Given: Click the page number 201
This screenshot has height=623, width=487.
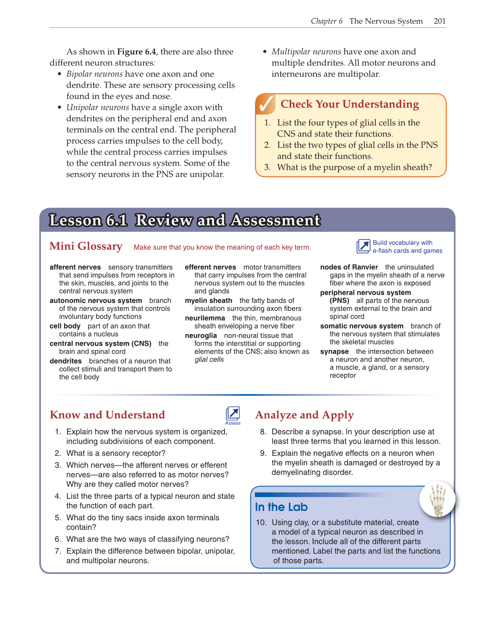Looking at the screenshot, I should (439, 21).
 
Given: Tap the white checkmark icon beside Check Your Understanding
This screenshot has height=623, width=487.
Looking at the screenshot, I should (266, 104).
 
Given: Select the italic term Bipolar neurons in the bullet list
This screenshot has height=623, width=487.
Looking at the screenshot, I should (94, 74).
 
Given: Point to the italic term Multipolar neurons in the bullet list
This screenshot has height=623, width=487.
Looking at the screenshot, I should (306, 52).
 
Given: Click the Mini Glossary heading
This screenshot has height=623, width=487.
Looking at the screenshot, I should (86, 246).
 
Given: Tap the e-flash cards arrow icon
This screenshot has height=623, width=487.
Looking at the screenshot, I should (363, 246).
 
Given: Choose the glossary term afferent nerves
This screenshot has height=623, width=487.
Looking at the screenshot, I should (75, 267).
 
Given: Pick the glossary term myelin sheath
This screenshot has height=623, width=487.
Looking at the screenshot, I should (209, 300).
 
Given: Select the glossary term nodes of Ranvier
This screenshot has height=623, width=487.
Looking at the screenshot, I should (349, 267).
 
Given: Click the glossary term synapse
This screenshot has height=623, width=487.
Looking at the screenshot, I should (334, 351).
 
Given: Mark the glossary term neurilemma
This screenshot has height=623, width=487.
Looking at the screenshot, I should (205, 318).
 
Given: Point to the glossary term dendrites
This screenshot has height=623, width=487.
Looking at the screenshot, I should (66, 361).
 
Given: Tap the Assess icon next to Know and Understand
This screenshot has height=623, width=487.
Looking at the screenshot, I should (233, 414).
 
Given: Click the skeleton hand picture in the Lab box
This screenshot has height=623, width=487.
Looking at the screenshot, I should (437, 499).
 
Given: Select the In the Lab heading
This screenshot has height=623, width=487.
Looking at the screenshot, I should (281, 507).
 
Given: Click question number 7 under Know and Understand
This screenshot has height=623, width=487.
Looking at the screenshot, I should (58, 551).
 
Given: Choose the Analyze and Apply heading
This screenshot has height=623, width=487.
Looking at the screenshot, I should (305, 415).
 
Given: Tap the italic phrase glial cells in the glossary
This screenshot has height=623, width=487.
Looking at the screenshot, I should (209, 359).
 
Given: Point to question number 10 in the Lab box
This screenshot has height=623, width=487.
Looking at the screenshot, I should (261, 522).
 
